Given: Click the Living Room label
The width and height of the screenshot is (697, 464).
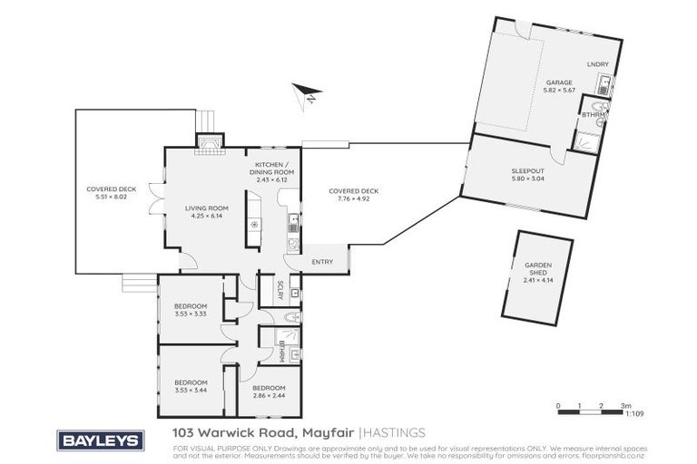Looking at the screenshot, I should click(x=206, y=211).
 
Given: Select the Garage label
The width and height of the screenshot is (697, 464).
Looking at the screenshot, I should click(x=533, y=86).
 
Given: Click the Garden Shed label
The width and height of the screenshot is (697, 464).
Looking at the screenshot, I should click(x=537, y=273).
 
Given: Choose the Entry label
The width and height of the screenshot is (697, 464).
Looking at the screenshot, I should click(x=321, y=262).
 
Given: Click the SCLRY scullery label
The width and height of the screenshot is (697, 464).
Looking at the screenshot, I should click(x=280, y=290).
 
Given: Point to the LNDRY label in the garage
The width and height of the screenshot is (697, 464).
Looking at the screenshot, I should click(x=596, y=64).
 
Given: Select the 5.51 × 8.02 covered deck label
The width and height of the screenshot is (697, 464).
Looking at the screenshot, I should click(x=105, y=195).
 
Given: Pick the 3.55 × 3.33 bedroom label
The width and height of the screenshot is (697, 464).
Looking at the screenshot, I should click(x=191, y=310).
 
